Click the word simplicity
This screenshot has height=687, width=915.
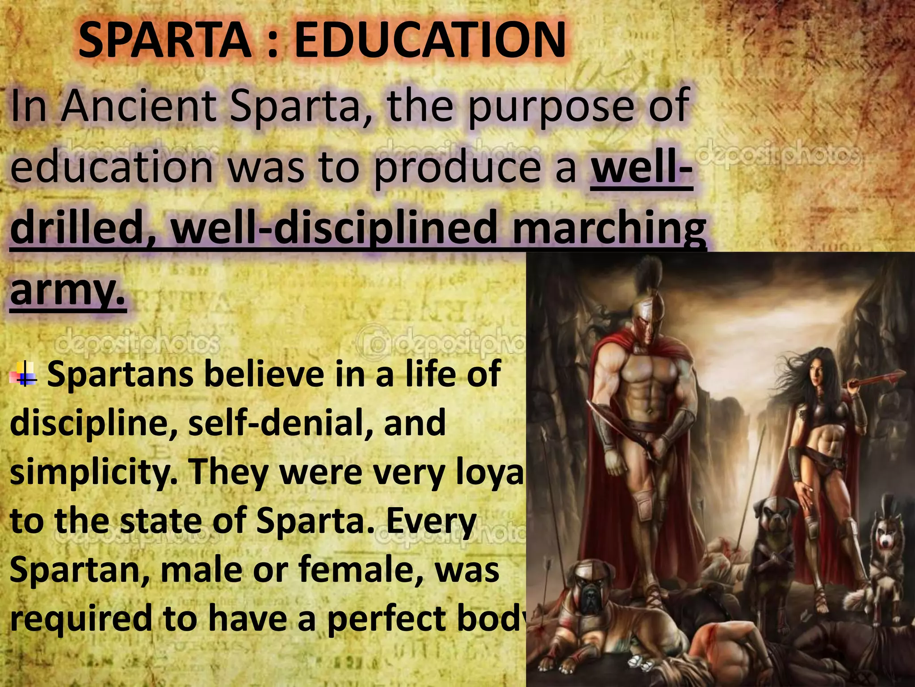[92, 473]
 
